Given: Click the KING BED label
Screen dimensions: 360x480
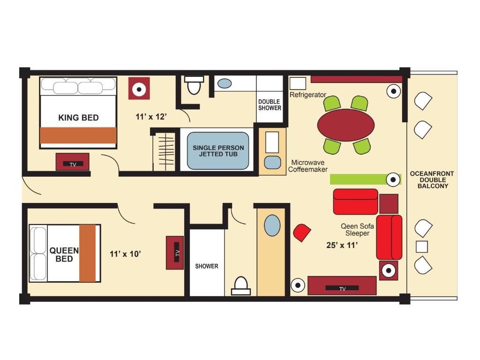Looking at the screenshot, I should pyautogui.click(x=78, y=118).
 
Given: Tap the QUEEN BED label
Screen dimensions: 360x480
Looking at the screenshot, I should pyautogui.click(x=64, y=255).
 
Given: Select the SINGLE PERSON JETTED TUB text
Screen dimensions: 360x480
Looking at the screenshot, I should pyautogui.click(x=218, y=151).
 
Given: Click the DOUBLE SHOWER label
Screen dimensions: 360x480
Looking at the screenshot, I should pyautogui.click(x=270, y=105).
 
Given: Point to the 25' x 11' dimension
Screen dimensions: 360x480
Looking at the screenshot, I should pyautogui.click(x=342, y=245).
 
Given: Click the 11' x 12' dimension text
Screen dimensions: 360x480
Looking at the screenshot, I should pyautogui.click(x=151, y=117).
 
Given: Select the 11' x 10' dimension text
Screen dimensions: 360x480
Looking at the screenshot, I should pyautogui.click(x=126, y=254).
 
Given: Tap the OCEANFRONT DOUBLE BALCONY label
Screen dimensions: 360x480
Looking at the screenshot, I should pyautogui.click(x=432, y=180).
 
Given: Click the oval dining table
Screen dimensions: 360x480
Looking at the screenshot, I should pyautogui.click(x=346, y=125).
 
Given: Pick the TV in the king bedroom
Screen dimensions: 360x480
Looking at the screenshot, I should pyautogui.click(x=73, y=162).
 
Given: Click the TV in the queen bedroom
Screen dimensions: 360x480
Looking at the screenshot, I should pyautogui.click(x=175, y=253).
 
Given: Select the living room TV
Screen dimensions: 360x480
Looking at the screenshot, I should pyautogui.click(x=342, y=286).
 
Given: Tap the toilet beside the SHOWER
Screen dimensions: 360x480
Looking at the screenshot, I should pyautogui.click(x=240, y=286).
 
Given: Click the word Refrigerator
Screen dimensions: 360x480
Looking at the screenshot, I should pyautogui.click(x=308, y=95).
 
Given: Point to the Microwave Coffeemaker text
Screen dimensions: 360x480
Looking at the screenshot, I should pyautogui.click(x=308, y=166).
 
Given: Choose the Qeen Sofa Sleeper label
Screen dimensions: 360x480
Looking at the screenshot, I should pyautogui.click(x=357, y=230).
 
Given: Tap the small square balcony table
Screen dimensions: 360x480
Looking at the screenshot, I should pyautogui.click(x=422, y=247).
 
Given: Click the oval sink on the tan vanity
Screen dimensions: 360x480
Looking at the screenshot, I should pyautogui.click(x=272, y=225).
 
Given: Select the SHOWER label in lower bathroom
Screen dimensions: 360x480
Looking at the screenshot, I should pyautogui.click(x=207, y=266).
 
